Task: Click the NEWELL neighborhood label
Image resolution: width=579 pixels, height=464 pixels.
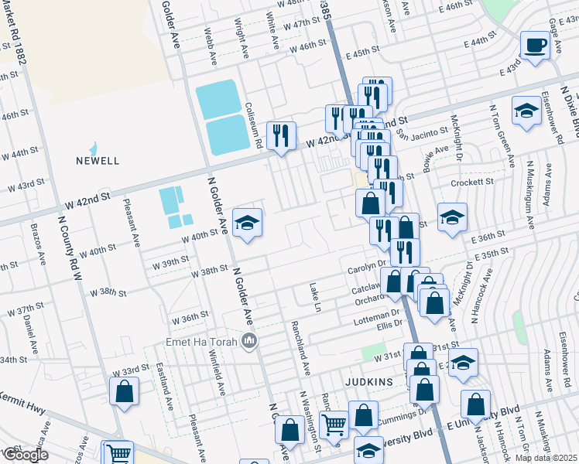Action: click(98, 161)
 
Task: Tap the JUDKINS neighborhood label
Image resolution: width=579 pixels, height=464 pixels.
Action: click(370, 382)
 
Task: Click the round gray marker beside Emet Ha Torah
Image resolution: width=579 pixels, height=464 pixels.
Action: click(249, 340)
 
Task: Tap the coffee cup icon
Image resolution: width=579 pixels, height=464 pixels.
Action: click(534, 44)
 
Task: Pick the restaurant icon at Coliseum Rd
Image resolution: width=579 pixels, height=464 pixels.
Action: click(280, 136)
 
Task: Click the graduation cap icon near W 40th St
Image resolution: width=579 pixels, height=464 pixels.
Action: click(248, 223)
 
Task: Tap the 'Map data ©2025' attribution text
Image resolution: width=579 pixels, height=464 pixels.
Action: click(546, 458)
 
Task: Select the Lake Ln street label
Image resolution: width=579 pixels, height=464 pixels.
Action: click(315, 297)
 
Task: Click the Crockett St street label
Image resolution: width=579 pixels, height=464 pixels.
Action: click(473, 183)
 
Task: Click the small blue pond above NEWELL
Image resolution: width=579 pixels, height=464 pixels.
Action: click(93, 148)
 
